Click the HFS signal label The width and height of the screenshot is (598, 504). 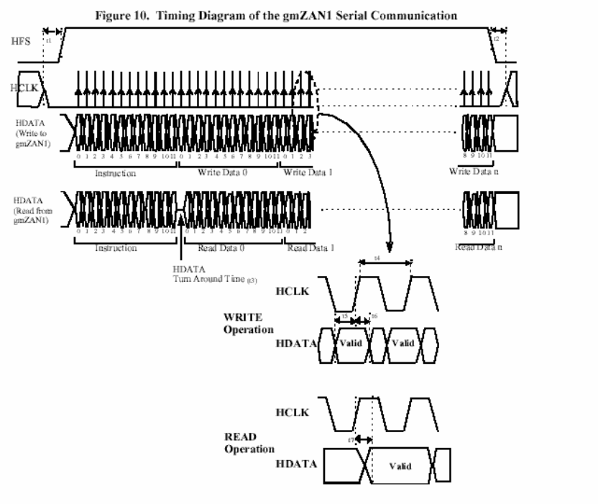[x=22, y=43]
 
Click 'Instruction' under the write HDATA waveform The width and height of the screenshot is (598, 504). [x=116, y=173]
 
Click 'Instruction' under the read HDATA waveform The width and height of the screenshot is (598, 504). [x=116, y=247]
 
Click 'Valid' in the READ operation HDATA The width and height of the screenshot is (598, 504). [x=400, y=466]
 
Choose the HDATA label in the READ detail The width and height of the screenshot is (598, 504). [x=296, y=464]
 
